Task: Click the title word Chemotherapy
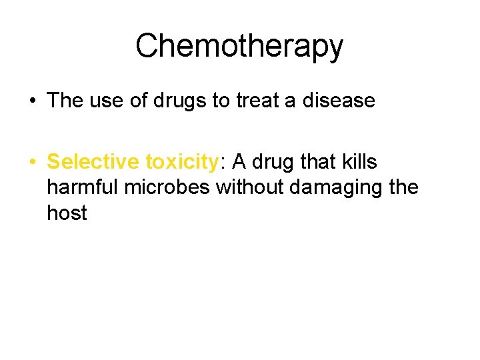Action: (x=239, y=47)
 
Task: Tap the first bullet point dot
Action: (x=33, y=101)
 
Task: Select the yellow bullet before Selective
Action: (x=33, y=162)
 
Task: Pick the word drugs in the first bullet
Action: (x=171, y=101)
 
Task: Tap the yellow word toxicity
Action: (x=181, y=162)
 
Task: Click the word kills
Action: (x=361, y=162)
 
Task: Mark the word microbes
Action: (x=170, y=187)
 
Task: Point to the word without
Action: (x=251, y=187)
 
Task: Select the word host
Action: (x=67, y=213)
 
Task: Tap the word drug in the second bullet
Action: (x=273, y=162)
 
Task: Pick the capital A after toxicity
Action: (x=238, y=162)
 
